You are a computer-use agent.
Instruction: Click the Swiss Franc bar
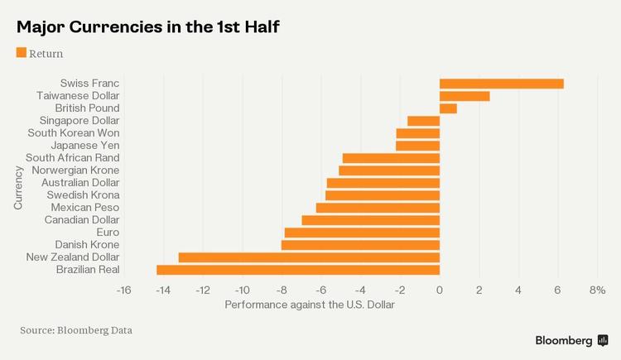coord(501,84)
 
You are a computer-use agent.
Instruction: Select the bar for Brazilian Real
coord(298,270)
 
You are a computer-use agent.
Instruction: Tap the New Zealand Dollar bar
coord(309,257)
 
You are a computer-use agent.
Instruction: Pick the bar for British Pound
coord(448,108)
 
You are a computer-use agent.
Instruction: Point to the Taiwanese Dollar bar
coord(465,96)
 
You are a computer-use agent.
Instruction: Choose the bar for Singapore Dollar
coord(424,121)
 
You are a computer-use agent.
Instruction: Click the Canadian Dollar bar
coord(371,220)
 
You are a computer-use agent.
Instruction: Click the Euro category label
coord(108,233)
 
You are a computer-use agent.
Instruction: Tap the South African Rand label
coord(73,158)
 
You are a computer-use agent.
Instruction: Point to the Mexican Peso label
coord(85,208)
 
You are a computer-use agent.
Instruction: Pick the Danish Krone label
coord(87,245)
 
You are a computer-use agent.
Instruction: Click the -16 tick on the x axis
coord(124,290)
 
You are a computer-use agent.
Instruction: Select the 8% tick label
coord(597,290)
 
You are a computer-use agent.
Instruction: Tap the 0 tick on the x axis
coord(440,290)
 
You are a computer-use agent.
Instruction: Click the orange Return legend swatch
coord(22,53)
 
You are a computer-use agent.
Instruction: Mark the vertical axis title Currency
coord(18,189)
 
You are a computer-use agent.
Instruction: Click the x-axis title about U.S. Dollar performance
coord(310,305)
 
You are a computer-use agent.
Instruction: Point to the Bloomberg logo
coord(571,340)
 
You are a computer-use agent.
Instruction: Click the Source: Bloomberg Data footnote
coord(76,330)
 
